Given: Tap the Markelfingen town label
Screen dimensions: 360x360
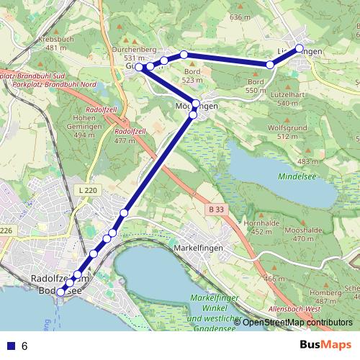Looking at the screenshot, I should coord(198,247).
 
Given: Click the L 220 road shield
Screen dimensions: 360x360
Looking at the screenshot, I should coord(86,189).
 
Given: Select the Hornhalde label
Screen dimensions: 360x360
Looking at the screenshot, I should coord(260,223).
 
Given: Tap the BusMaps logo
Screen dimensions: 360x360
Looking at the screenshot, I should coord(325,345).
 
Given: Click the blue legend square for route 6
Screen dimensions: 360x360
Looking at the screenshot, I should coord(10,346).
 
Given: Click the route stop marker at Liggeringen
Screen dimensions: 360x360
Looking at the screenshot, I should coord(300,49).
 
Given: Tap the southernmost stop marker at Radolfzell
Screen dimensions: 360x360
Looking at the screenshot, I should coord(61,291).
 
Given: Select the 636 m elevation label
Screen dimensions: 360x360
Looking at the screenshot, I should coord(240,17).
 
